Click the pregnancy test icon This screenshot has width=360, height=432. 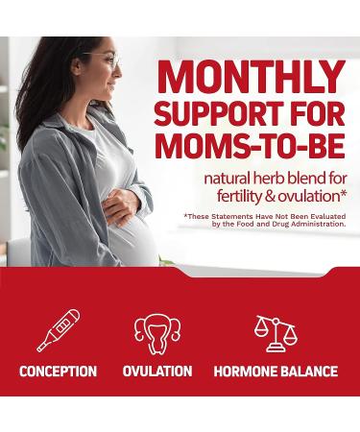coord(57,329)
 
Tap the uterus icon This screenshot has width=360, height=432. coord(156,332)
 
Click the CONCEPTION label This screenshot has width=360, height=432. coord(57,372)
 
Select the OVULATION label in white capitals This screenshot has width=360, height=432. coord(157,372)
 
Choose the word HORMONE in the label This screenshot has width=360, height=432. coord(248,372)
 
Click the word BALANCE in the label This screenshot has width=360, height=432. coord(309,372)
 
